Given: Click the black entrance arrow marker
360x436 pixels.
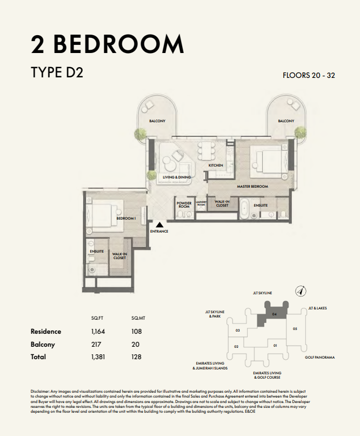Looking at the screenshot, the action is (x=159, y=224).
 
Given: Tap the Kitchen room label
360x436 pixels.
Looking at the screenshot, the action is (x=216, y=165).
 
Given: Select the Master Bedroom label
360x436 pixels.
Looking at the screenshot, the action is (x=252, y=186).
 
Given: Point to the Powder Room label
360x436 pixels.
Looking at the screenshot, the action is (x=184, y=204).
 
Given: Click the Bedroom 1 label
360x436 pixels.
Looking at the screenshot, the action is (x=126, y=219).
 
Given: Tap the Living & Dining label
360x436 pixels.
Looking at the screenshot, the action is (x=177, y=177).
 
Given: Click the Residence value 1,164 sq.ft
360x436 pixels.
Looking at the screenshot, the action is (x=98, y=332).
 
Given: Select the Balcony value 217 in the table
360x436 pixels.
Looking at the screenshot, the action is (x=96, y=344).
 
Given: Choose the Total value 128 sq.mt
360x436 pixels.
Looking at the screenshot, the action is (x=136, y=357).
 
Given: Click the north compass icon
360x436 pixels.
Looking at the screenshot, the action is (x=301, y=292).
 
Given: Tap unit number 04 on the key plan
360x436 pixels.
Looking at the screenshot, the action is (x=275, y=314).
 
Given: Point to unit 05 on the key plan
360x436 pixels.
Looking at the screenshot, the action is (x=295, y=329).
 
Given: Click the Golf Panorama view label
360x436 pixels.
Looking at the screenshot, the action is (x=319, y=358).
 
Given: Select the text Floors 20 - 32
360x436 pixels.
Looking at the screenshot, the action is (x=309, y=75).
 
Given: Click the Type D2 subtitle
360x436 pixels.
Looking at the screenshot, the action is (x=57, y=72).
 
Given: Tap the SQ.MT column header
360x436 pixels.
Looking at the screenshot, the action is (x=138, y=318).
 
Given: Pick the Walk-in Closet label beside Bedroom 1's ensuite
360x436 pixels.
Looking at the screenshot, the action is (x=119, y=256).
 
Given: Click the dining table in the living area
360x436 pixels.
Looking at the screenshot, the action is (x=206, y=151).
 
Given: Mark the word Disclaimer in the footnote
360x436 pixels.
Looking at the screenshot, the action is (x=40, y=391).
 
